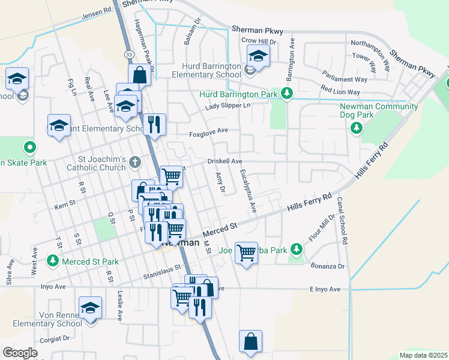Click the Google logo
click(19, 353)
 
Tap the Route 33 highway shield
click(128, 55)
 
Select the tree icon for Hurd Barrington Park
click(287, 94)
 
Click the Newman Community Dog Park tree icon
click(357, 127)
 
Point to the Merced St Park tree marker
click(53, 261)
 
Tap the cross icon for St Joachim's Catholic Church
click(135, 161)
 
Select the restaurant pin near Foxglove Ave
click(154, 124)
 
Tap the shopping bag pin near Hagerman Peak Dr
click(139, 74)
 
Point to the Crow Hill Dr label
click(258, 41)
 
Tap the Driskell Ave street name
click(224, 161)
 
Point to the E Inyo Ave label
click(325, 289)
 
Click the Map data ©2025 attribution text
click(423, 355)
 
